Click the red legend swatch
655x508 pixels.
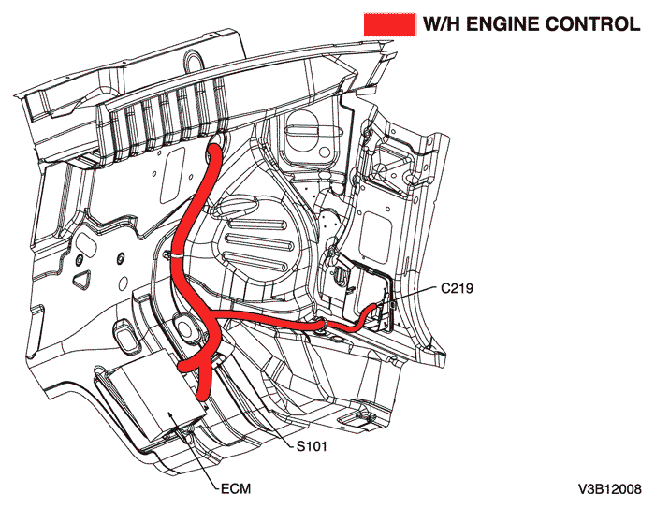[389, 24]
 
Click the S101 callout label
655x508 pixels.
[313, 447]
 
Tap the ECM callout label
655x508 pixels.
[234, 488]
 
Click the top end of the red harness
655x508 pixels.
[216, 143]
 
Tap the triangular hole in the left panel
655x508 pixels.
[83, 279]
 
